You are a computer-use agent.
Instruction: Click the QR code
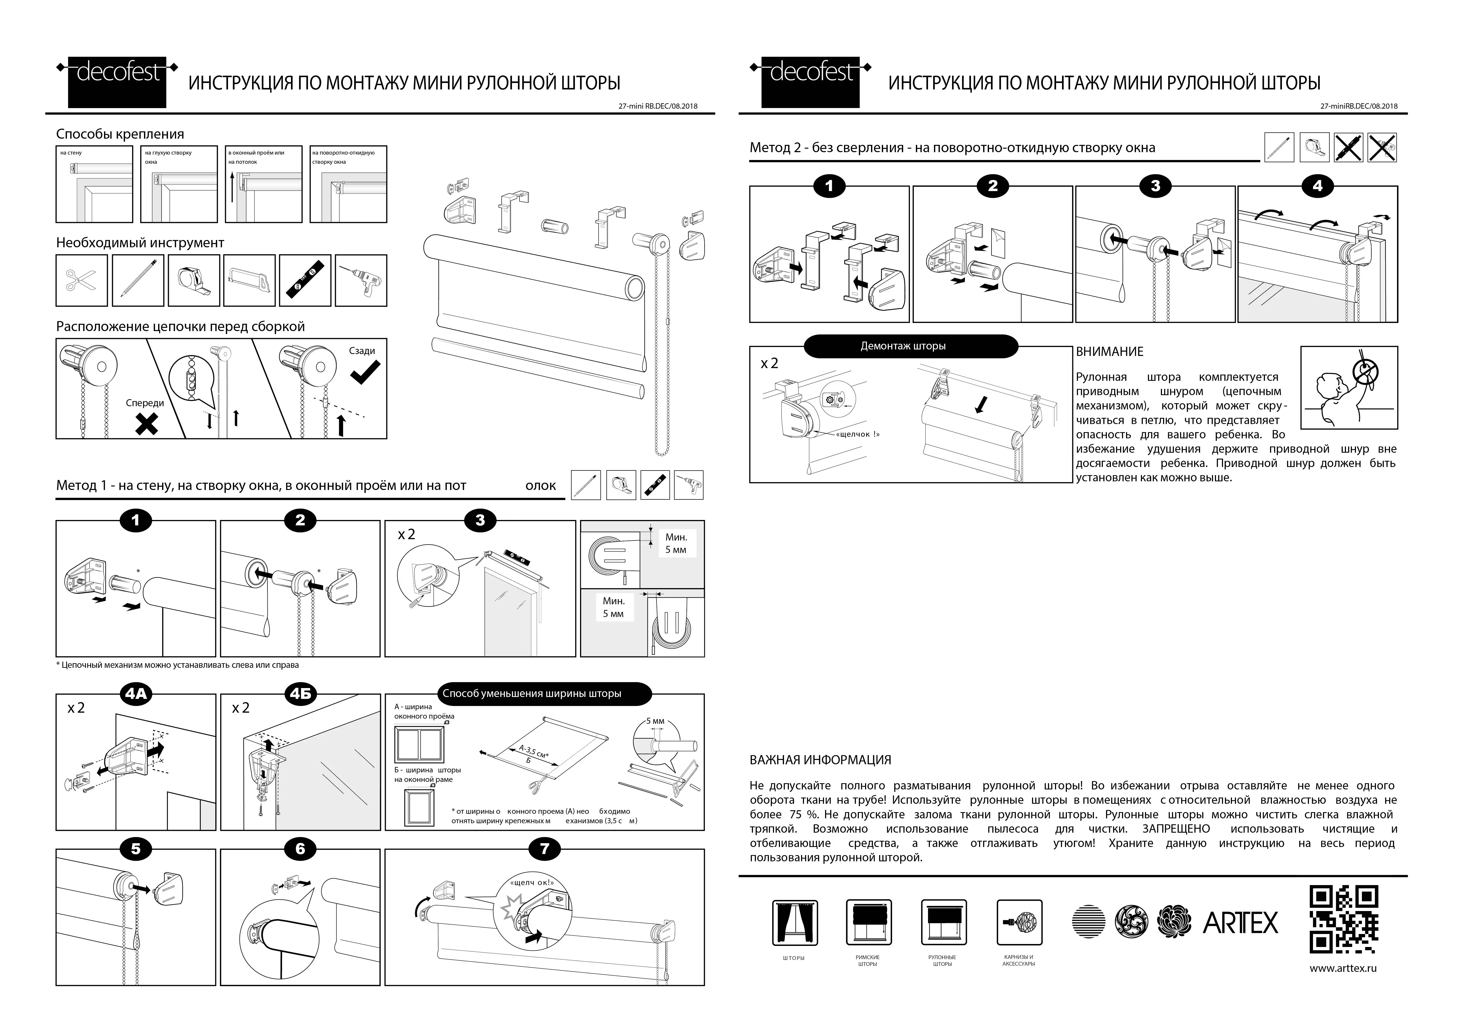pyautogui.click(x=1344, y=919)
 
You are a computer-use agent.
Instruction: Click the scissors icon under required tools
pyautogui.click(x=82, y=281)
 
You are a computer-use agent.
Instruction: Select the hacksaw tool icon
pyautogui.click(x=249, y=281)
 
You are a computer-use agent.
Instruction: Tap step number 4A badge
pyautogui.click(x=136, y=694)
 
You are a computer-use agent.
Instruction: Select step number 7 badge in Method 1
pyautogui.click(x=544, y=849)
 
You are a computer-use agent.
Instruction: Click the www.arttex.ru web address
pyautogui.click(x=1343, y=968)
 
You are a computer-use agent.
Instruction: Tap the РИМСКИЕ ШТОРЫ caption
pyautogui.click(x=867, y=960)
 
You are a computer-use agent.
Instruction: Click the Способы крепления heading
pyautogui.click(x=120, y=134)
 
